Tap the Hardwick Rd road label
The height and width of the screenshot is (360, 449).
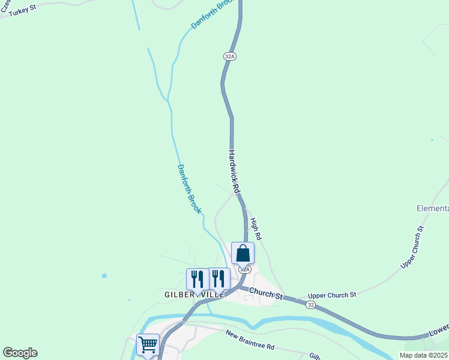tap(234, 171)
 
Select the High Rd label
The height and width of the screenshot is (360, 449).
tap(256, 230)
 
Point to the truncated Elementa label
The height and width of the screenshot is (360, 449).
tap(432, 208)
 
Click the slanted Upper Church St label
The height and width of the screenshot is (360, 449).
tap(412, 247)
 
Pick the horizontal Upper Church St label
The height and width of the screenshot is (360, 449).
tap(332, 295)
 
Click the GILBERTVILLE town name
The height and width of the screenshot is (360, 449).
tap(194, 295)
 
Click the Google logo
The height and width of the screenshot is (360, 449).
tap(20, 353)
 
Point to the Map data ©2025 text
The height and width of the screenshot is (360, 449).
tap(423, 355)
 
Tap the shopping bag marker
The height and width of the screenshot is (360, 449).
tap(243, 253)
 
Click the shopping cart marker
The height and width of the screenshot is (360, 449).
tap(148, 344)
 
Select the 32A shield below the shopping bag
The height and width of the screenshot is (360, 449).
tap(244, 269)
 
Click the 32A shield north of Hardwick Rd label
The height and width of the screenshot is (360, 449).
tap(229, 56)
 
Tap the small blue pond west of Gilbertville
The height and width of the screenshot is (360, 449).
tap(105, 276)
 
